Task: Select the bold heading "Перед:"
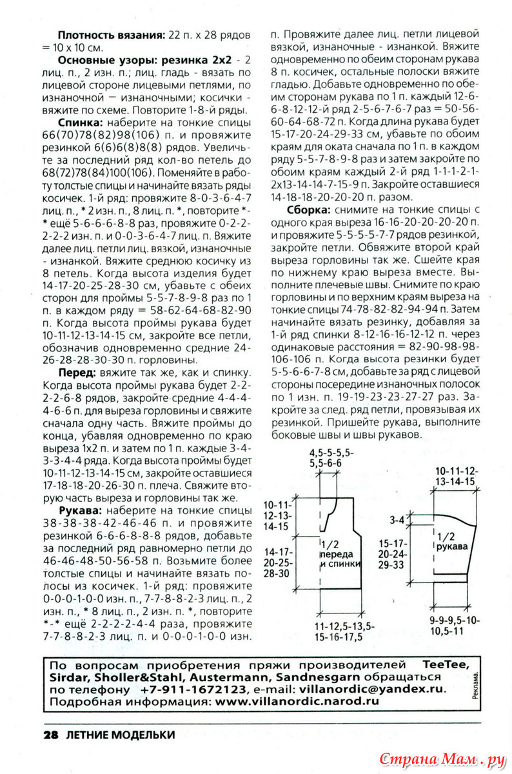click(78, 372)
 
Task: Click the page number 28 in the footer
click(52, 735)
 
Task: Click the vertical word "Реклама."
click(475, 684)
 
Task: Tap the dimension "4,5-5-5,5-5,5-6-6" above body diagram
click(325, 457)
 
